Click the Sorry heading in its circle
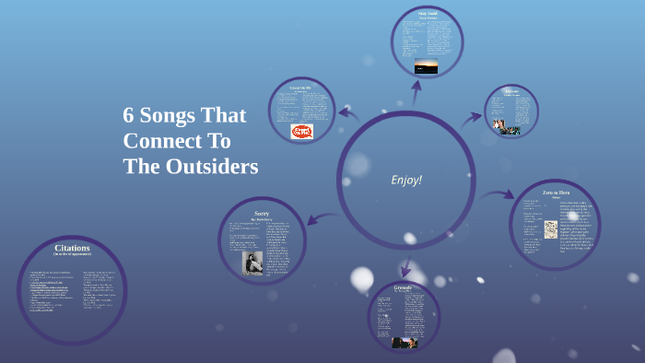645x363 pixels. [x=262, y=212]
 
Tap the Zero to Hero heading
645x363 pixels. [x=553, y=193]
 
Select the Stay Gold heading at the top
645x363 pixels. [x=427, y=14]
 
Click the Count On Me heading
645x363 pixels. [x=301, y=87]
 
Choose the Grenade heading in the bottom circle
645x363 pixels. [x=403, y=288]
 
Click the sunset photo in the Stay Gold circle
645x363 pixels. [x=426, y=65]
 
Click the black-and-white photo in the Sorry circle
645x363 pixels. [x=252, y=263]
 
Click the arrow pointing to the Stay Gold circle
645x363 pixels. [x=416, y=92]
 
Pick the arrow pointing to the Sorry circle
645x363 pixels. [x=317, y=217]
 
